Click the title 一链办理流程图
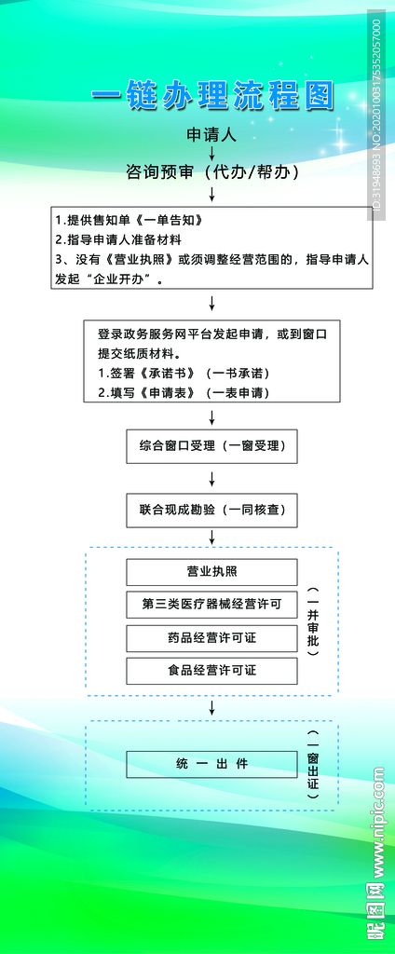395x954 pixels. click(x=212, y=95)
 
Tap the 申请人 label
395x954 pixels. click(x=212, y=133)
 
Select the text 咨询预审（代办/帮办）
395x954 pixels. click(x=212, y=171)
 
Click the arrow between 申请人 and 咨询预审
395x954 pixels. click(x=212, y=152)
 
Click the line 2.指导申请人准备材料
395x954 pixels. click(x=118, y=239)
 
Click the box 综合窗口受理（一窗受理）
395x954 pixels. click(x=212, y=446)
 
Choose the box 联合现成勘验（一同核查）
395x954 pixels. click(x=212, y=510)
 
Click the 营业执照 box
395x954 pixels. click(x=212, y=571)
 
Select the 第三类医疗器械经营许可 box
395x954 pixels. click(x=212, y=604)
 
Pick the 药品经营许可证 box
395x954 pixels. click(x=212, y=637)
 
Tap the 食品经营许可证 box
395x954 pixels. click(x=212, y=670)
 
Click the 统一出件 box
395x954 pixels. click(x=212, y=764)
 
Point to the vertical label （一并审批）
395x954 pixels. click(x=313, y=622)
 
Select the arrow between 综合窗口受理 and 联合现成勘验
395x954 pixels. click(x=212, y=478)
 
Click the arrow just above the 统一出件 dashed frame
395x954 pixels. click(x=212, y=707)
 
